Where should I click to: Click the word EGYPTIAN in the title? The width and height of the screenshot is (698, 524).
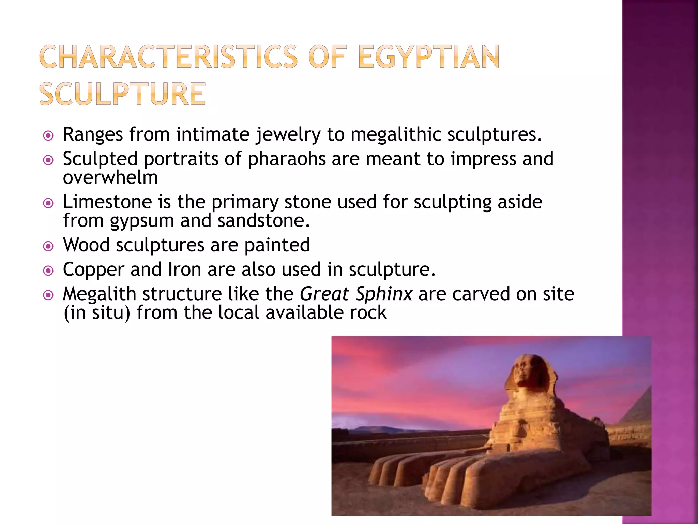(429, 57)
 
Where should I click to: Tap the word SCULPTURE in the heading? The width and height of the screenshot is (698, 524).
(123, 94)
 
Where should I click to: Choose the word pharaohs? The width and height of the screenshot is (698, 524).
(287, 159)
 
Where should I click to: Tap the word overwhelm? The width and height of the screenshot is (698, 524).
(110, 177)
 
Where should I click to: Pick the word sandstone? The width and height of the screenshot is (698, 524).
(263, 220)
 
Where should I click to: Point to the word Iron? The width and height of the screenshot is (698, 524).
(184, 270)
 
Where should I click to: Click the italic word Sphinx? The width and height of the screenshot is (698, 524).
(384, 294)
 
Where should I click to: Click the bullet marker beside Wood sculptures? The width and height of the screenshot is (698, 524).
(48, 246)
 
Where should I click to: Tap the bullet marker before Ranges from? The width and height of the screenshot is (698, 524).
(48, 136)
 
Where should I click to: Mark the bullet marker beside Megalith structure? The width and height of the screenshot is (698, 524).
(48, 295)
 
